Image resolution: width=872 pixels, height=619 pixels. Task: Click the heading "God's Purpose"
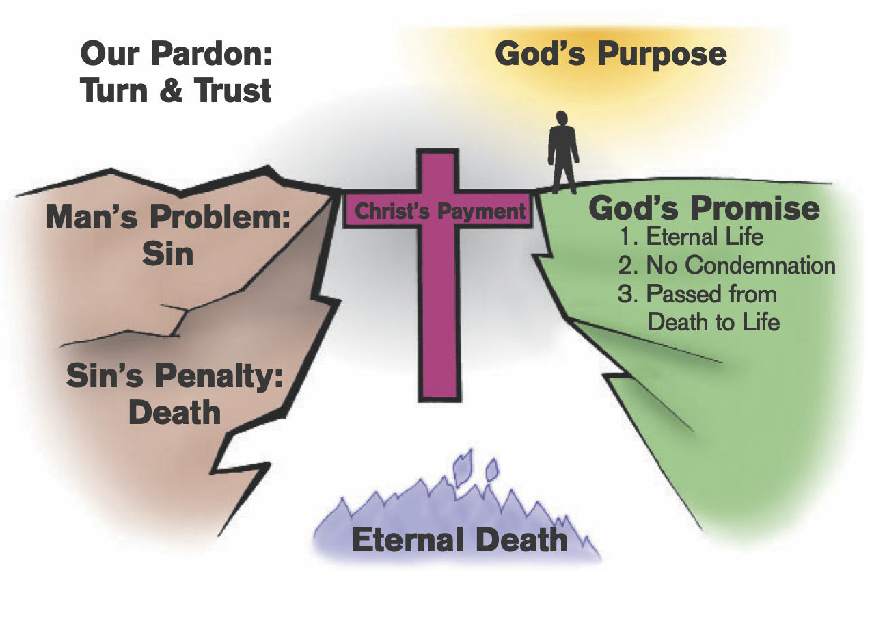(610, 54)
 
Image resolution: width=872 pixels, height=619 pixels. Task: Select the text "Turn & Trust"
(176, 90)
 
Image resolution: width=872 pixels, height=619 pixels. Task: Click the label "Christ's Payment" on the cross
(440, 211)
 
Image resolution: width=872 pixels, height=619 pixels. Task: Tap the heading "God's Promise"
(704, 209)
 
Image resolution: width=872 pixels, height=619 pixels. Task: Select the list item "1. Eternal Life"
(691, 237)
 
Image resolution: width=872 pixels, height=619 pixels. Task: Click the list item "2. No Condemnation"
(726, 265)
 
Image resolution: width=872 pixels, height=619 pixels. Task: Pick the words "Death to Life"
(713, 321)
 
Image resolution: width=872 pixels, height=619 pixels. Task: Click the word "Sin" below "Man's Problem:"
(167, 254)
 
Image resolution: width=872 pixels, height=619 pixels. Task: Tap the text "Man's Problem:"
(168, 219)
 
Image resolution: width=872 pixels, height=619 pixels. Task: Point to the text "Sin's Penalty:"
(174, 376)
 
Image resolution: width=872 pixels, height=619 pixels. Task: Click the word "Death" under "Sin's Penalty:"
(174, 412)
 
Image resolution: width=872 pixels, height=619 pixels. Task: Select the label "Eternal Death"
(459, 540)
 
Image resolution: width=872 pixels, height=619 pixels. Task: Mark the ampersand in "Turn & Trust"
(176, 90)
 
